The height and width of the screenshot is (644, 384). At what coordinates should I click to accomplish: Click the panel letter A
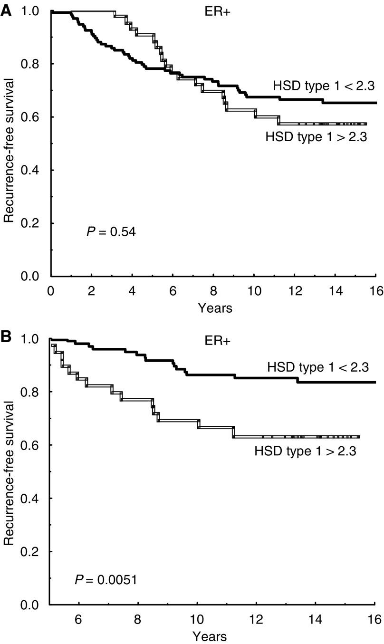point(6,10)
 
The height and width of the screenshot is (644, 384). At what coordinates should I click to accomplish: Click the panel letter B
point(6,338)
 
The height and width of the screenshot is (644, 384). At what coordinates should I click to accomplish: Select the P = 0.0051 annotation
point(106,580)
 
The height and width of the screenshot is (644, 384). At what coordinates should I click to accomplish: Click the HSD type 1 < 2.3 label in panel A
point(324,86)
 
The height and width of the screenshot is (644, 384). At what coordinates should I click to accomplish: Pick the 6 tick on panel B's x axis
point(78,619)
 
